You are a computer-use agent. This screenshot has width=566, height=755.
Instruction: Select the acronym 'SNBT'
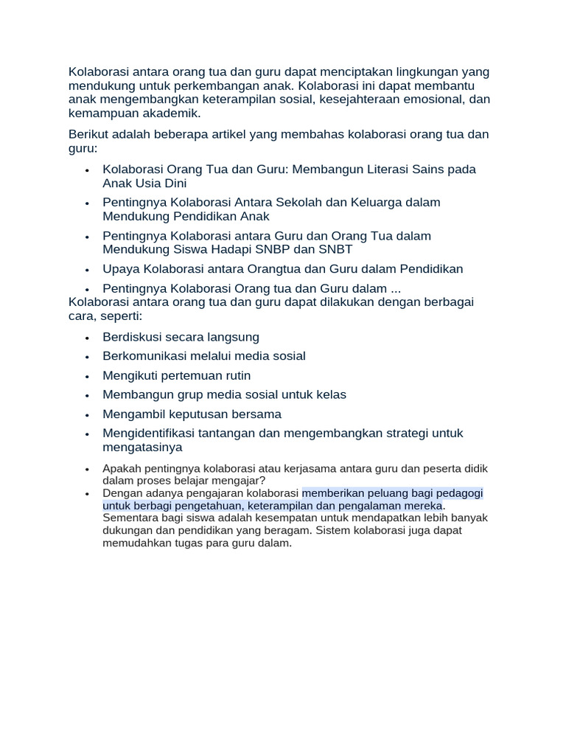[x=332, y=249]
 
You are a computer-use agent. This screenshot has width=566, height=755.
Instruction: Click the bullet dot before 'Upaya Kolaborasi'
[x=87, y=270]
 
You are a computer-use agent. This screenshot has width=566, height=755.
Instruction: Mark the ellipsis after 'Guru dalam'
[x=394, y=288]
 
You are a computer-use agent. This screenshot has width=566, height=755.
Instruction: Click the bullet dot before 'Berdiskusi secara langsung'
[x=87, y=338]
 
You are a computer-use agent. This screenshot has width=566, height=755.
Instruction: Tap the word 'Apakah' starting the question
[x=122, y=469]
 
